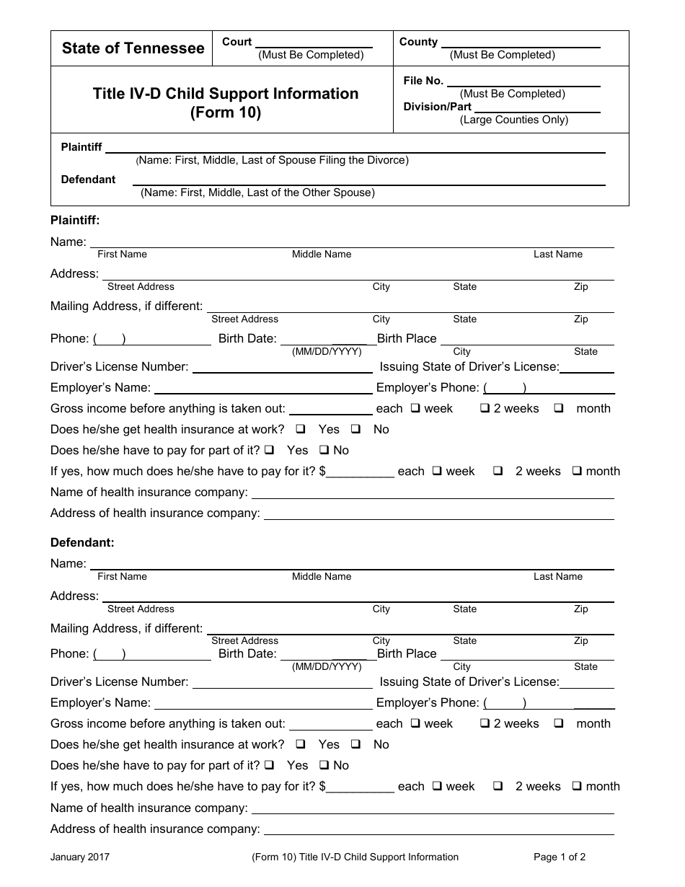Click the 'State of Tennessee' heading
tap(133, 48)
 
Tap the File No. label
tap(423, 81)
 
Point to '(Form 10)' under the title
tap(225, 112)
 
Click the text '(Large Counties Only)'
tap(514, 120)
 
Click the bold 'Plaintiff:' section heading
tap(75, 220)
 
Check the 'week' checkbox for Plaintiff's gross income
tap(416, 408)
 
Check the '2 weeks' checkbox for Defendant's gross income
tap(485, 723)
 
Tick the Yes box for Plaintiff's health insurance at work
tap(301, 429)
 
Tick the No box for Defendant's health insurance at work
tap(355, 744)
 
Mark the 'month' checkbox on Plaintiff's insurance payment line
tap(578, 471)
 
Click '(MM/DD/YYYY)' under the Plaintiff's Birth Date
tap(327, 352)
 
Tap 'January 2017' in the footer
tap(80, 857)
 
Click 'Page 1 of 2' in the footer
tap(560, 857)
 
